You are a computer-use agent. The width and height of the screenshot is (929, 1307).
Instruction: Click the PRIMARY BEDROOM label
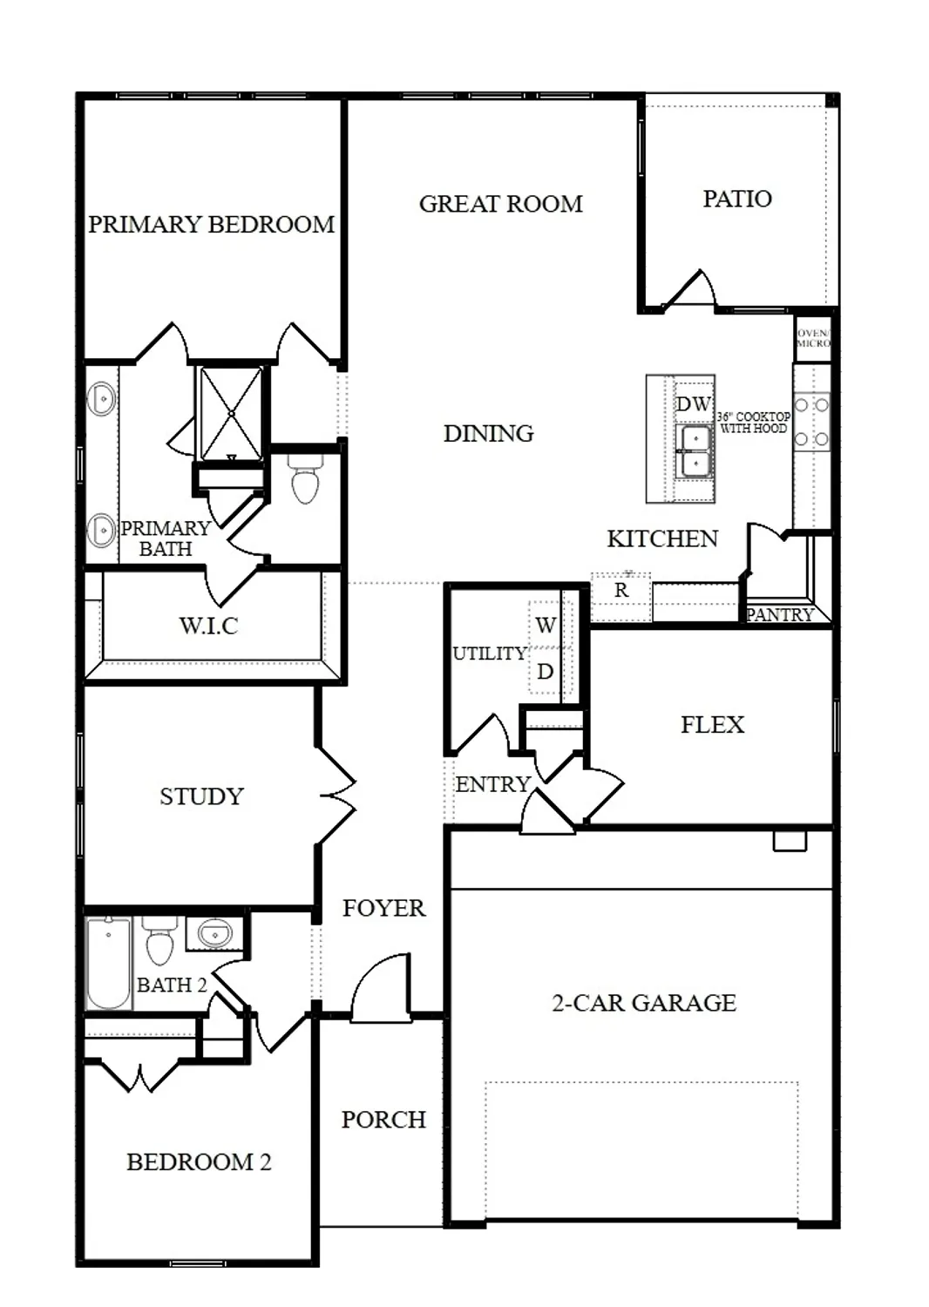(211, 225)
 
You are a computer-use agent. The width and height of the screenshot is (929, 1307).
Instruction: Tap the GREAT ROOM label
(500, 204)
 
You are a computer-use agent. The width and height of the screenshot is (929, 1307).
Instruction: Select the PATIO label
(737, 199)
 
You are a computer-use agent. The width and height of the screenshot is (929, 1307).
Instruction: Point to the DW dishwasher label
(694, 404)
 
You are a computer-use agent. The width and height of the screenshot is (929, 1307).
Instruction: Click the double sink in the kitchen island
(695, 451)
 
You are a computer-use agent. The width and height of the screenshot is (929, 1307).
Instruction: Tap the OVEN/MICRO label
(813, 338)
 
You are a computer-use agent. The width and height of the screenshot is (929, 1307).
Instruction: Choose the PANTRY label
(779, 615)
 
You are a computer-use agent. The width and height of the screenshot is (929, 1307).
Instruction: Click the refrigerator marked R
(621, 591)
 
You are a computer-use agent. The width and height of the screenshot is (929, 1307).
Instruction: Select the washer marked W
(546, 625)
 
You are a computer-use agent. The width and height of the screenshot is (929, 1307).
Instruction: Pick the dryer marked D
(546, 672)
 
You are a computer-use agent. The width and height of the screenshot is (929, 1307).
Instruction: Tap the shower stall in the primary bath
(230, 412)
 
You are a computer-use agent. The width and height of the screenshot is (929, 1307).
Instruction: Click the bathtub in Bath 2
(109, 963)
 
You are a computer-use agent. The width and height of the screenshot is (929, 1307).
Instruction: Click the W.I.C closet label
(208, 626)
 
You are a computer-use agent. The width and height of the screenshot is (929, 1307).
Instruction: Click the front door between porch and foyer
(381, 989)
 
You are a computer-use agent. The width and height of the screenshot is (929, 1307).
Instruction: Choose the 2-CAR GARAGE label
(644, 1003)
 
